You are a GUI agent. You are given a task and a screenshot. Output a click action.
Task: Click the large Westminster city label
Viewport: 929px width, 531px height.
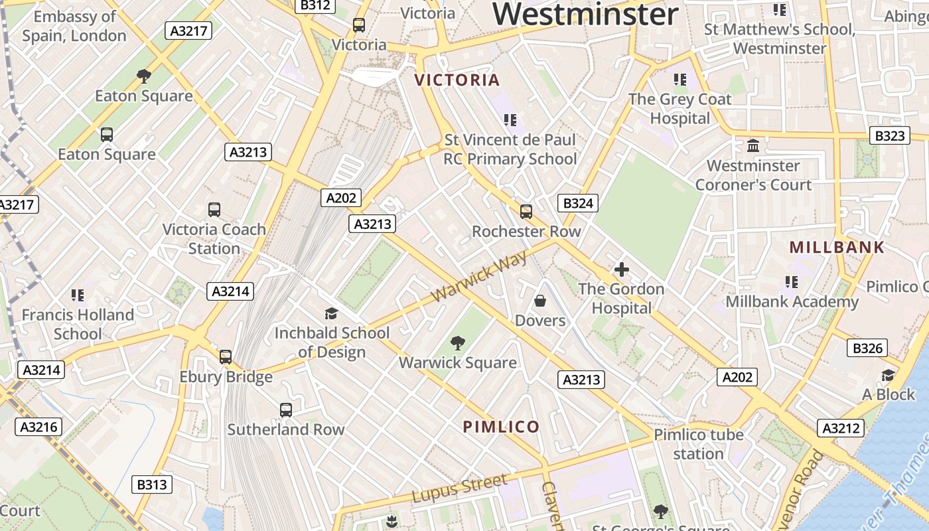pos(585,14)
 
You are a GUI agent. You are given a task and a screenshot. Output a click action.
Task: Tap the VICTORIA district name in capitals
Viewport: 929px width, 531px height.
pos(457,80)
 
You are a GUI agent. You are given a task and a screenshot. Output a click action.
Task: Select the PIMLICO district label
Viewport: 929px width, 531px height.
pos(501,427)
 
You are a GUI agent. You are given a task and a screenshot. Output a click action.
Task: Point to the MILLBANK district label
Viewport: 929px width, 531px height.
pos(837,248)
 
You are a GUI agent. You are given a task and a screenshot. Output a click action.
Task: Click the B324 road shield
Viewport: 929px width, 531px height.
pos(577,203)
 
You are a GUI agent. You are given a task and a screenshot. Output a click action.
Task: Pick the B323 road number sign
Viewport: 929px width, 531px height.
pos(889,136)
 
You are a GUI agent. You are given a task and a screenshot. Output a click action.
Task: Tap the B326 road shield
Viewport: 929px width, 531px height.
pos(867,348)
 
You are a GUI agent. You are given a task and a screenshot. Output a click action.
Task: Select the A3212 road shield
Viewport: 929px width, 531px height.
pos(841,428)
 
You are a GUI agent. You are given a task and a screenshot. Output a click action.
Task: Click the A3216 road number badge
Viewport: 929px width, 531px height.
pos(39,427)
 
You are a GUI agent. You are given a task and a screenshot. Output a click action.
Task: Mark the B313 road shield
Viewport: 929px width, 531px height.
pos(151,485)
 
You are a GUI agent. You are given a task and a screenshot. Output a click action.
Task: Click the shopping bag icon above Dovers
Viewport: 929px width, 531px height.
pos(540,301)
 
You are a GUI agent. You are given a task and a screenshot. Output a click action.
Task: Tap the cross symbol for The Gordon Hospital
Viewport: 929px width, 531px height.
pos(621,269)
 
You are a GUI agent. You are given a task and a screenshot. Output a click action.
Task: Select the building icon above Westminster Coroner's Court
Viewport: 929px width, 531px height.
pos(752,145)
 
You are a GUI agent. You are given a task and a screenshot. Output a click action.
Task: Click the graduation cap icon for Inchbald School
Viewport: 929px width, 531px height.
pos(331,313)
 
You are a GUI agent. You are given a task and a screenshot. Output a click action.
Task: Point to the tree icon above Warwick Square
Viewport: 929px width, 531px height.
pos(457,343)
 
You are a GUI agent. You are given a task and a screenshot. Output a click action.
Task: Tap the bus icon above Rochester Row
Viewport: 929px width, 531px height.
pos(526,212)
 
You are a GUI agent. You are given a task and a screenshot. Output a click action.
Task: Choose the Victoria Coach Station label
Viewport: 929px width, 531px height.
pos(214,239)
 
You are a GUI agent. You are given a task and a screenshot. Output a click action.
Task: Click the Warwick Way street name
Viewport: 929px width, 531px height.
pos(479,276)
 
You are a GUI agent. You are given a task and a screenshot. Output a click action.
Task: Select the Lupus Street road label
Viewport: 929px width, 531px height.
pos(459,489)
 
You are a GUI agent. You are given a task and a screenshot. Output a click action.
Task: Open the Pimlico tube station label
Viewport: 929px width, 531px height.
pos(698,444)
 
